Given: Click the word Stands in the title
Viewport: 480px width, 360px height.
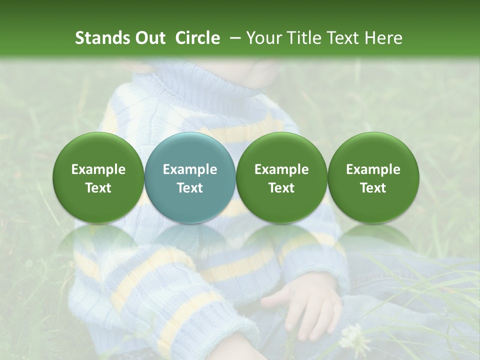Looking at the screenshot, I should [x=102, y=38].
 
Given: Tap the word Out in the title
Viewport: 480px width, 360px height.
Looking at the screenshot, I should [x=150, y=38].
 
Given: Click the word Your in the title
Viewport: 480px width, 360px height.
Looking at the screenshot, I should [x=263, y=38].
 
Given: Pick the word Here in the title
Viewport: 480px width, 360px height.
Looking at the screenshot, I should [x=384, y=38].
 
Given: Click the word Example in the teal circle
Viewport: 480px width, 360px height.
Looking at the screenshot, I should [x=190, y=169].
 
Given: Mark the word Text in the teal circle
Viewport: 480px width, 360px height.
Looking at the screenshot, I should [x=190, y=188].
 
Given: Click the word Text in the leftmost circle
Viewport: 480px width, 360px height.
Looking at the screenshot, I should [x=98, y=188].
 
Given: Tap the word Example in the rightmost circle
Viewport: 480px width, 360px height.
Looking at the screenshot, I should [x=373, y=169].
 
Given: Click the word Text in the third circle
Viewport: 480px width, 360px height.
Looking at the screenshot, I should [x=281, y=188].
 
